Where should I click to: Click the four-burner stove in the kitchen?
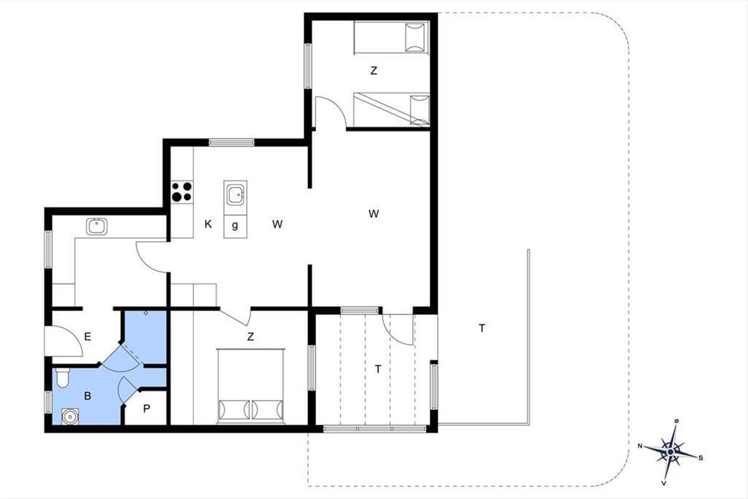coord(182,192)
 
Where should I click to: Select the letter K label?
coord(208,225)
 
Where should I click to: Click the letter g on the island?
coord(235,226)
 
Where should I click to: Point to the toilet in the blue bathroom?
coord(62,377)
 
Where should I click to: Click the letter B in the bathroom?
coord(87,395)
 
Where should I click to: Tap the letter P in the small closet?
coord(146,409)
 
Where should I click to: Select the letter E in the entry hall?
coord(87,337)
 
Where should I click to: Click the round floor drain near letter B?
coord(70,417)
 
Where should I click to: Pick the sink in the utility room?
coord(97,226)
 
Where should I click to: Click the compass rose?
coord(671,452)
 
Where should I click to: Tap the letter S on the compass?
coord(701,458)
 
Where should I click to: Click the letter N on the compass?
coord(640,446)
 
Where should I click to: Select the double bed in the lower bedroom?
coord(251,386)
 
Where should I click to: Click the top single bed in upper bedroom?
coord(391,37)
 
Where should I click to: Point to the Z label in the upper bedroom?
coord(373,71)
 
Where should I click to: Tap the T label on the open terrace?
coord(482,329)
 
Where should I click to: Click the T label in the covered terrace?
coord(378,369)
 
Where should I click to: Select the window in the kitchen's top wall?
coord(231,143)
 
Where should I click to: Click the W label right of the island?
coord(277,225)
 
